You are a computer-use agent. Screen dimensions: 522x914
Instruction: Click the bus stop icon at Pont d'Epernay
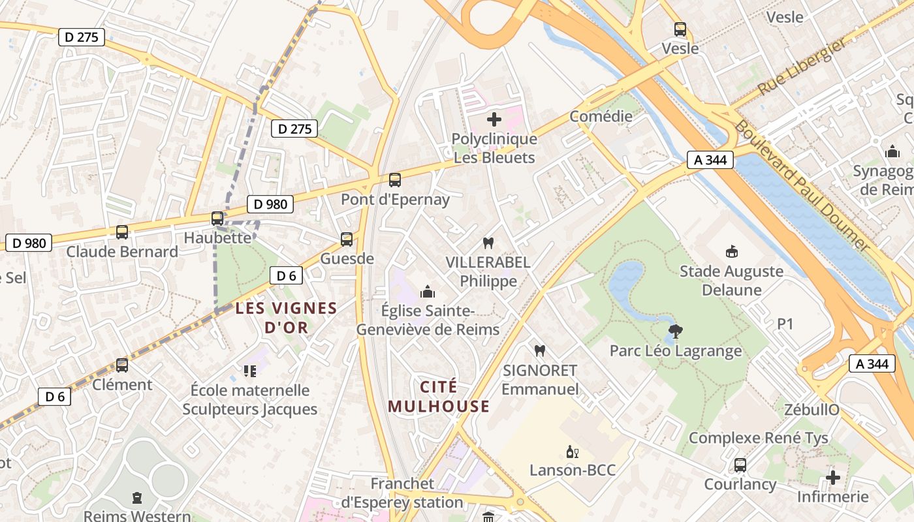click(x=394, y=179)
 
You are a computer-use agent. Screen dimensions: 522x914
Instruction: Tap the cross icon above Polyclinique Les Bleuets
click(x=494, y=119)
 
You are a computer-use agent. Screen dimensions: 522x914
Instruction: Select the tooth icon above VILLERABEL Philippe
click(x=487, y=243)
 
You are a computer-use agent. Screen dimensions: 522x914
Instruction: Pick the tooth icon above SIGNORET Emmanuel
click(x=539, y=350)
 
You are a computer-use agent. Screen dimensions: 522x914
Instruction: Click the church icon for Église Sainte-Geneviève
click(x=428, y=291)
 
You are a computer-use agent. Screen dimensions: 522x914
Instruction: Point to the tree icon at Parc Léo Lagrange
click(x=676, y=331)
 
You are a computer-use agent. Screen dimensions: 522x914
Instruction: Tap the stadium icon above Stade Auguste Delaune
click(x=731, y=251)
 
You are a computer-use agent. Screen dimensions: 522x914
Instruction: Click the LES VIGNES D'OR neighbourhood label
click(x=286, y=317)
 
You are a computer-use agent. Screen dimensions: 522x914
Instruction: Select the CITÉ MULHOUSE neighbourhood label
click(x=438, y=397)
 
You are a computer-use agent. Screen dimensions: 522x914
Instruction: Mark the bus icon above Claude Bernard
click(x=122, y=232)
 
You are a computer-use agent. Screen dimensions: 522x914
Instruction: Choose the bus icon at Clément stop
click(x=122, y=365)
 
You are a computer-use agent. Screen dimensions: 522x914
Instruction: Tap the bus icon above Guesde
click(x=346, y=239)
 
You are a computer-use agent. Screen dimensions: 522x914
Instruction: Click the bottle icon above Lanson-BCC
click(x=572, y=452)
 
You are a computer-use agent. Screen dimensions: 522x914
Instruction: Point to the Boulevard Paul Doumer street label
click(x=802, y=187)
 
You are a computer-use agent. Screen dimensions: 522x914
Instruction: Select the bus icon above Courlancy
click(x=740, y=465)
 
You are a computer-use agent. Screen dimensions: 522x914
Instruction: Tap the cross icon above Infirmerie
click(x=832, y=478)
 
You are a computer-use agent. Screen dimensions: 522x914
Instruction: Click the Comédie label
click(x=601, y=116)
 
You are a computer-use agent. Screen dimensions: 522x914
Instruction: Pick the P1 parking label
click(x=785, y=324)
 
